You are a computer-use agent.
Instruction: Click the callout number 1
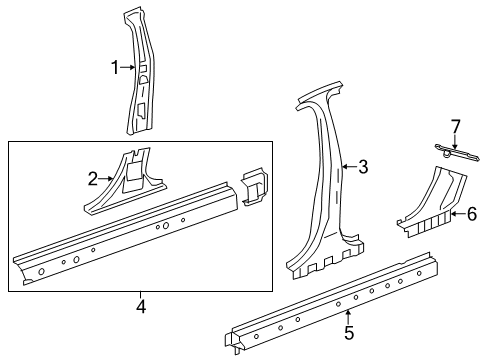114,68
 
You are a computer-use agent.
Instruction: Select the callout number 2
93,179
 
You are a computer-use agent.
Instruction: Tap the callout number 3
363,168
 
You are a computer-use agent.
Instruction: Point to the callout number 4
141,308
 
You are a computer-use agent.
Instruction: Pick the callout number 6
471,212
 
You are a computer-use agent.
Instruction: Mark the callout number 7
455,126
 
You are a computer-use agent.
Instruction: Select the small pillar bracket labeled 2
130,180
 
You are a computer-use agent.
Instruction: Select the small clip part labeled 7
455,151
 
